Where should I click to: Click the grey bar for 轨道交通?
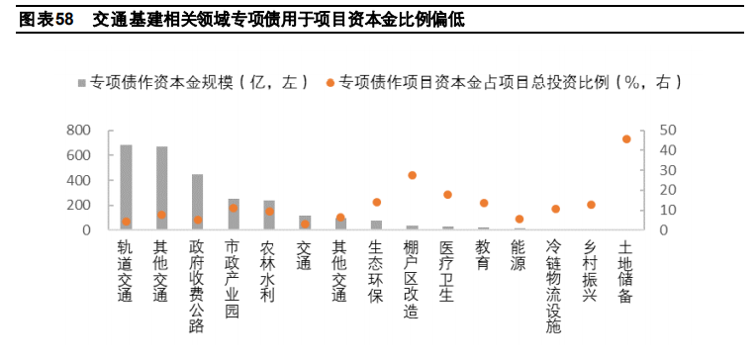pos(126,188)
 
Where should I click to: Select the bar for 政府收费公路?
pos(197,203)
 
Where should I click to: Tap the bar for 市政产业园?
pos(233,215)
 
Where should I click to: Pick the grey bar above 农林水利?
pos(268,216)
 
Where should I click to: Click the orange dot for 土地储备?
pos(626,139)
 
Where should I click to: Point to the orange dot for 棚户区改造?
pos(412,175)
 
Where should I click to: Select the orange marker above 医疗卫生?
pos(447,195)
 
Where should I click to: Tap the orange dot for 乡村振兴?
pos(591,205)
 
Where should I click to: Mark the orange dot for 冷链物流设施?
pos(555,209)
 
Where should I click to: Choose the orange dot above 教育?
pos(483,203)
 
